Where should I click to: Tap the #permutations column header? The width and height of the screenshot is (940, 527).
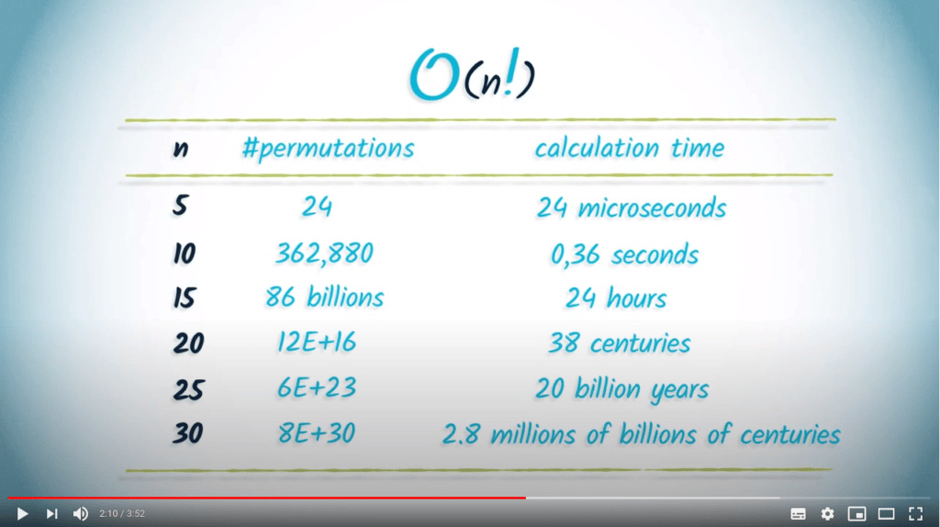point(328,148)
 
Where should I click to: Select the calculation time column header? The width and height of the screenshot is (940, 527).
point(630,148)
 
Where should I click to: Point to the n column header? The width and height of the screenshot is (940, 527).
point(181,149)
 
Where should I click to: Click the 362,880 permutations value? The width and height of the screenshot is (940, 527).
point(324,253)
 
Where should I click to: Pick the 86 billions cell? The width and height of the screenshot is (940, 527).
point(324,297)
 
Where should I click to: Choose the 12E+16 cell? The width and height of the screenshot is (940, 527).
point(317,342)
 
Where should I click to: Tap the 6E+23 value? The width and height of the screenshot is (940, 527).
point(317,387)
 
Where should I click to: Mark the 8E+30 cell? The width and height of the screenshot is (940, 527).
point(317,432)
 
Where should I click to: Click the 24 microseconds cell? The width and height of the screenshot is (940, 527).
point(632,208)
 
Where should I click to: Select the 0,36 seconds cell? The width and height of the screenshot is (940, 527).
point(624,254)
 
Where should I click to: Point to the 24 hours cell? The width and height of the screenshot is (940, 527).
point(616,298)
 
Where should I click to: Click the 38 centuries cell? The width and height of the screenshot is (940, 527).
point(620,343)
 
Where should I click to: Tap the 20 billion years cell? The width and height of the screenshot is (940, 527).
point(621,389)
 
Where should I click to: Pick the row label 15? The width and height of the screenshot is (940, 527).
point(184,297)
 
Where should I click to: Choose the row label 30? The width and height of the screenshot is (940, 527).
point(187,432)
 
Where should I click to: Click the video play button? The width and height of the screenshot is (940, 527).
point(22,514)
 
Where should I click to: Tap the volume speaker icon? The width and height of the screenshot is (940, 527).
point(81,514)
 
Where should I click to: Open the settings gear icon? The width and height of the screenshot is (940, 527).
point(827,514)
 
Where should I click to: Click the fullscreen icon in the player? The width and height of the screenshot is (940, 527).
point(915,514)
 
